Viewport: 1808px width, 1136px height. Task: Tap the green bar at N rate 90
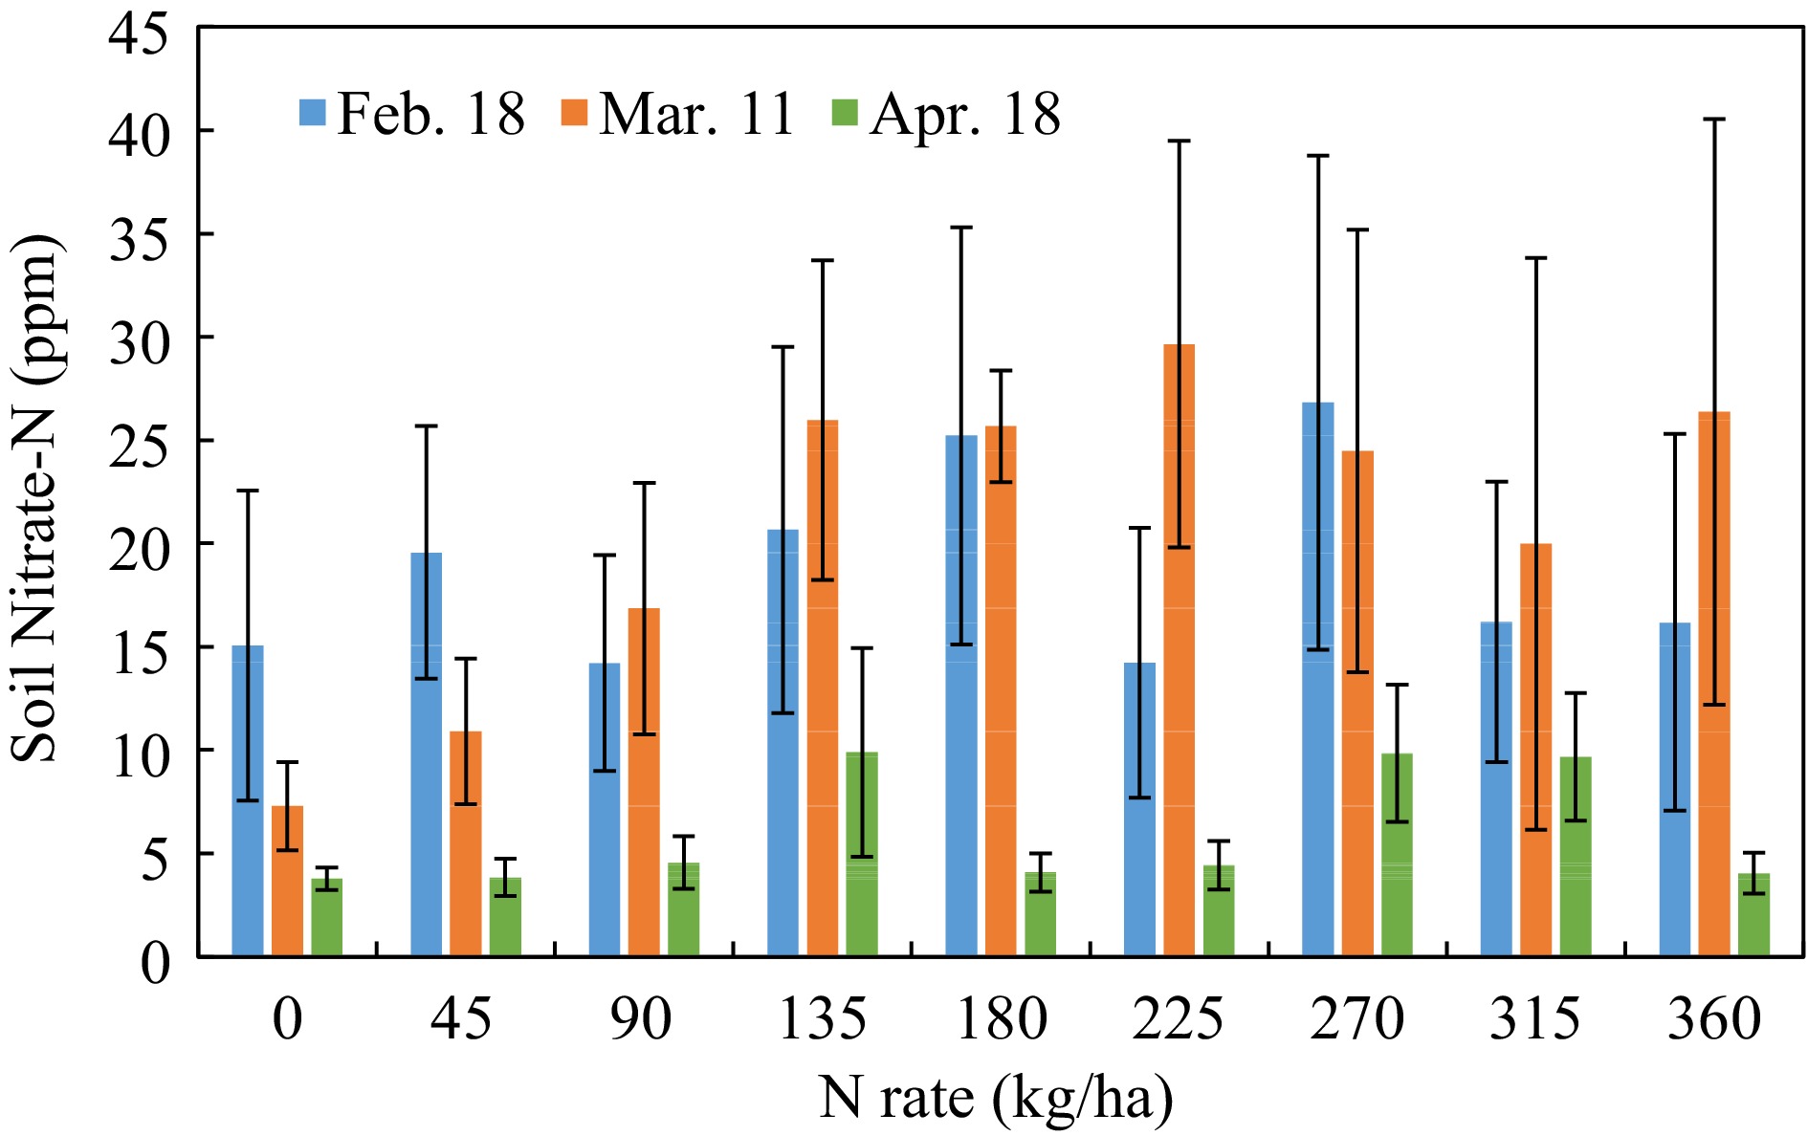point(683,909)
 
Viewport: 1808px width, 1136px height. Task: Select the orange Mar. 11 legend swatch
point(574,112)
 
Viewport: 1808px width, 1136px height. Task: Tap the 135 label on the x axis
point(822,1018)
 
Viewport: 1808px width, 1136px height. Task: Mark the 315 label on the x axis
point(1534,1018)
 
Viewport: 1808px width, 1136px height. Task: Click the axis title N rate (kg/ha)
point(995,1098)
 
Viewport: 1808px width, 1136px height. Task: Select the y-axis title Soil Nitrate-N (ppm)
point(36,497)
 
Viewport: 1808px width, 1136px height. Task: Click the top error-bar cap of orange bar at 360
point(1713,120)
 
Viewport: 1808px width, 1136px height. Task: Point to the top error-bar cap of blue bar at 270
point(1318,156)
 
